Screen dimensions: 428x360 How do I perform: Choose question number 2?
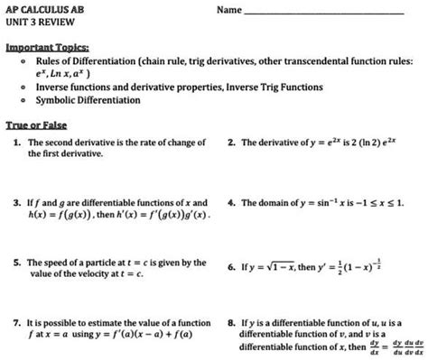(232, 143)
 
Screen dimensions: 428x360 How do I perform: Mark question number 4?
(232, 203)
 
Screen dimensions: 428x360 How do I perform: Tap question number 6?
(232, 268)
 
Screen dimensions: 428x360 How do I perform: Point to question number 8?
(232, 321)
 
